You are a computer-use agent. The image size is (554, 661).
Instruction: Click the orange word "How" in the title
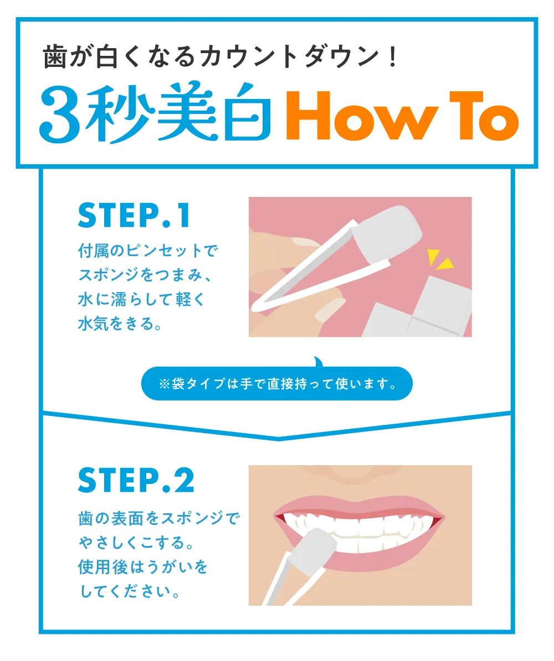(362, 116)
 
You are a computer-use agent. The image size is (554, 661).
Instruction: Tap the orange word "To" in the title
(484, 116)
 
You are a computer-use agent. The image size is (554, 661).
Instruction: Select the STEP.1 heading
(134, 215)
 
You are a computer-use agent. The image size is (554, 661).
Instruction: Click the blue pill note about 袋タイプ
(277, 383)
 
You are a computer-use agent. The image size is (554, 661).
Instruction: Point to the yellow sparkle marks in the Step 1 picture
(439, 259)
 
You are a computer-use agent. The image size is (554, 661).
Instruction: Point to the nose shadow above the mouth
(359, 474)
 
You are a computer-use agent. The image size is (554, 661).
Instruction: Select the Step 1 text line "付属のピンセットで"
(148, 251)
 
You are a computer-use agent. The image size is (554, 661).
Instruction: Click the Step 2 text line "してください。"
(130, 591)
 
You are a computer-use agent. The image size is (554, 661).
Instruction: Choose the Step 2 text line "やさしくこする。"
(136, 542)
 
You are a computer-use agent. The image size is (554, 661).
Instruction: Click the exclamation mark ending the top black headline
(393, 57)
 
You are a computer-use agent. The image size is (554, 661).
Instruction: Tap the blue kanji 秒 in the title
(120, 113)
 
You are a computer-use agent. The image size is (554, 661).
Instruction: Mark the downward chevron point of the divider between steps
(278, 439)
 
